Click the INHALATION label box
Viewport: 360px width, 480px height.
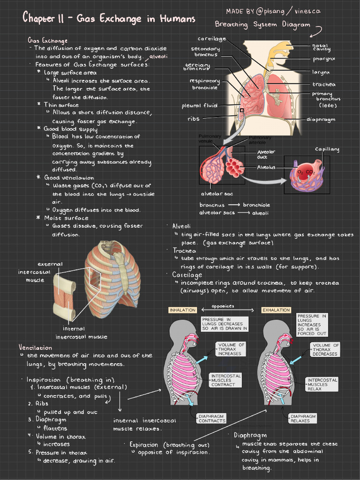[183, 310]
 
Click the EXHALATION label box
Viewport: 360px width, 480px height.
[276, 310]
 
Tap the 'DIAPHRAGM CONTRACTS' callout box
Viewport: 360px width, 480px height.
[211, 419]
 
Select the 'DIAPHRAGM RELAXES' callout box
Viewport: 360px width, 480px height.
[303, 419]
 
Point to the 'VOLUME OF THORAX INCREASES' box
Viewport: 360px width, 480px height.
[231, 349]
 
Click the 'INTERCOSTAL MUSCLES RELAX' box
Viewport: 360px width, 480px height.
[322, 384]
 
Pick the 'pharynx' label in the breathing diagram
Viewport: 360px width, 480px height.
[324, 59]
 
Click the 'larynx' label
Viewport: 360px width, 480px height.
[321, 72]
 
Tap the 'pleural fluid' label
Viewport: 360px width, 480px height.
[200, 106]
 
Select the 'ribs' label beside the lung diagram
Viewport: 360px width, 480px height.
[194, 119]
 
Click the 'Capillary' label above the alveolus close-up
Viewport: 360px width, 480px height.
[327, 150]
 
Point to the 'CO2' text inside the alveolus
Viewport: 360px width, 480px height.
[310, 172]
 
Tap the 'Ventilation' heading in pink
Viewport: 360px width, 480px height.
[35, 347]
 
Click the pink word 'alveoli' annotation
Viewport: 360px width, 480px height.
[158, 56]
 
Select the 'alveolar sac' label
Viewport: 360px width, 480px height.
[217, 194]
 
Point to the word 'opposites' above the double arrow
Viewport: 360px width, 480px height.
[223, 306]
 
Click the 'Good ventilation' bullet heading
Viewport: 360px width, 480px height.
[69, 178]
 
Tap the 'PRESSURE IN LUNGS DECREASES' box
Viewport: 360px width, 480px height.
[225, 324]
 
